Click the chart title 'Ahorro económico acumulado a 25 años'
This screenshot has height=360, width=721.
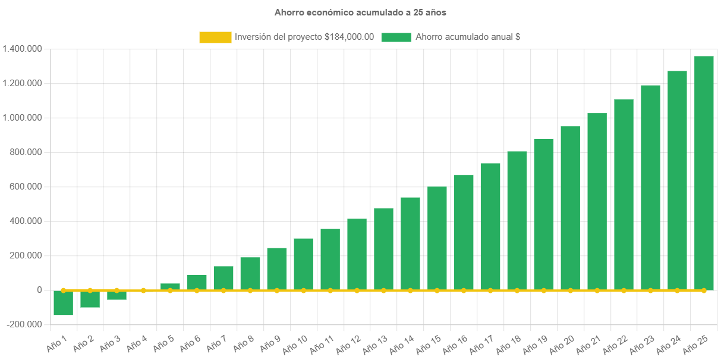coord(360,12)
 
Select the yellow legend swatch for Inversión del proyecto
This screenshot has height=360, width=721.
coord(215,37)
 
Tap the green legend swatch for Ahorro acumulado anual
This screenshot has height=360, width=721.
coord(396,37)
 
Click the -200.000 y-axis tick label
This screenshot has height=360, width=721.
coord(24,324)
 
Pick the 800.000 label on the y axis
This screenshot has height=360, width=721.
coord(24,152)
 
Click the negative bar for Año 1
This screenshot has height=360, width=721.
coord(63,303)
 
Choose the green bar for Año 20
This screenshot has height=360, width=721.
coord(571,208)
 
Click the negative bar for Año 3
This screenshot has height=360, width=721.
coord(117,295)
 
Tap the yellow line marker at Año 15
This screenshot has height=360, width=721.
coord(437,290)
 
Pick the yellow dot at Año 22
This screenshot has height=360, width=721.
coord(624,290)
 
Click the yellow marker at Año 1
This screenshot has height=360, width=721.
coord(63,290)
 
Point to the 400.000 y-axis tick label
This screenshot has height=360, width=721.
coord(24,221)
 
